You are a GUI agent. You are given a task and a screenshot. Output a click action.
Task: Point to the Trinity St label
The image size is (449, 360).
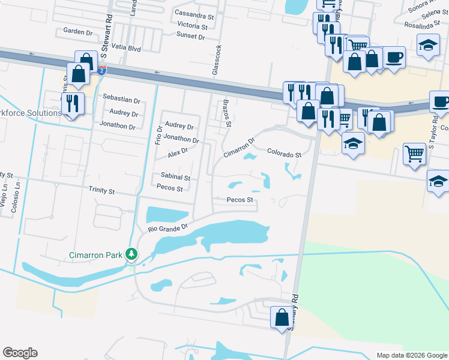(101, 191)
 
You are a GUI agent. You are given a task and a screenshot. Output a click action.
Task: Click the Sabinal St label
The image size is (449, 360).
(175, 178)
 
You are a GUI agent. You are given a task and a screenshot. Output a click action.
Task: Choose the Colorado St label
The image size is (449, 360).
(284, 154)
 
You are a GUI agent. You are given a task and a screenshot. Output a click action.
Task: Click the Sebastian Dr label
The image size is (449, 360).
(121, 101)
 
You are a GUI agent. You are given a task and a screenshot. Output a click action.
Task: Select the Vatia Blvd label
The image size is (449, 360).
(125, 46)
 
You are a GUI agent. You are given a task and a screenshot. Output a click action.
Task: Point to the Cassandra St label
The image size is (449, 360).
(194, 13)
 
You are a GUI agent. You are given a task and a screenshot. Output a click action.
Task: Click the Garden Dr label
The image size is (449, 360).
(76, 31)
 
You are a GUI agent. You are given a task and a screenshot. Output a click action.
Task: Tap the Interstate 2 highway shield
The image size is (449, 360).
(102, 70)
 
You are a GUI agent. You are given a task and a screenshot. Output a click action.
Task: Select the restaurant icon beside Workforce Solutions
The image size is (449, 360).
(73, 104)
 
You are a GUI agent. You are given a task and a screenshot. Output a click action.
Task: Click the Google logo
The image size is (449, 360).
(20, 353)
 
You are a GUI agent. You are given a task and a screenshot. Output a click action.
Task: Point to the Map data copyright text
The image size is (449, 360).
(411, 355)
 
